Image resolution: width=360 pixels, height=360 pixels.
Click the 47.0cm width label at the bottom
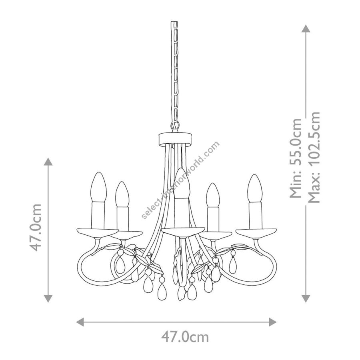pyautogui.click(x=185, y=337)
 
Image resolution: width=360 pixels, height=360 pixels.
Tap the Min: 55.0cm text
pyautogui.click(x=295, y=158)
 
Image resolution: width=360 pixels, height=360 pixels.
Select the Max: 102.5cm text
pyautogui.click(x=314, y=158)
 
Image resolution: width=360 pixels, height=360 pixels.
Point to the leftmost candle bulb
pyautogui.click(x=99, y=187)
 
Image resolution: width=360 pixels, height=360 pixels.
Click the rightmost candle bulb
pyautogui.click(x=255, y=188)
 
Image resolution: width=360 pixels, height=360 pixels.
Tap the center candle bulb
pyautogui.click(x=182, y=183)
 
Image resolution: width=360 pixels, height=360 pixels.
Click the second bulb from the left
pyautogui.click(x=122, y=194)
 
